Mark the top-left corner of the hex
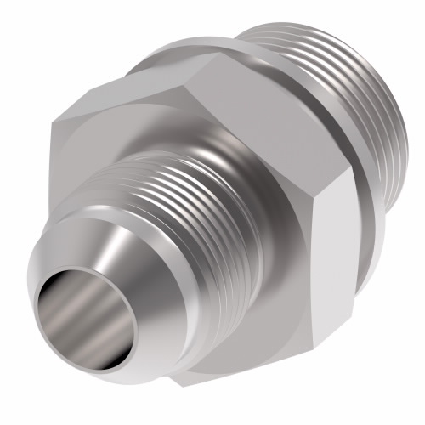(x=53, y=123)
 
